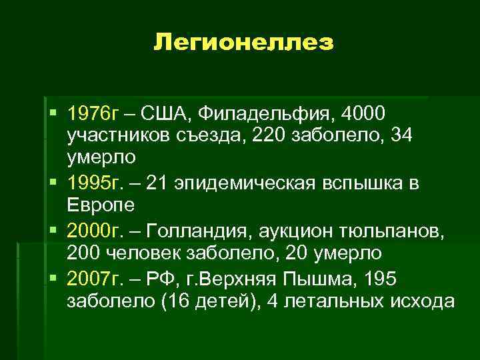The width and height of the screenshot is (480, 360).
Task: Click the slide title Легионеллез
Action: tap(243, 44)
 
